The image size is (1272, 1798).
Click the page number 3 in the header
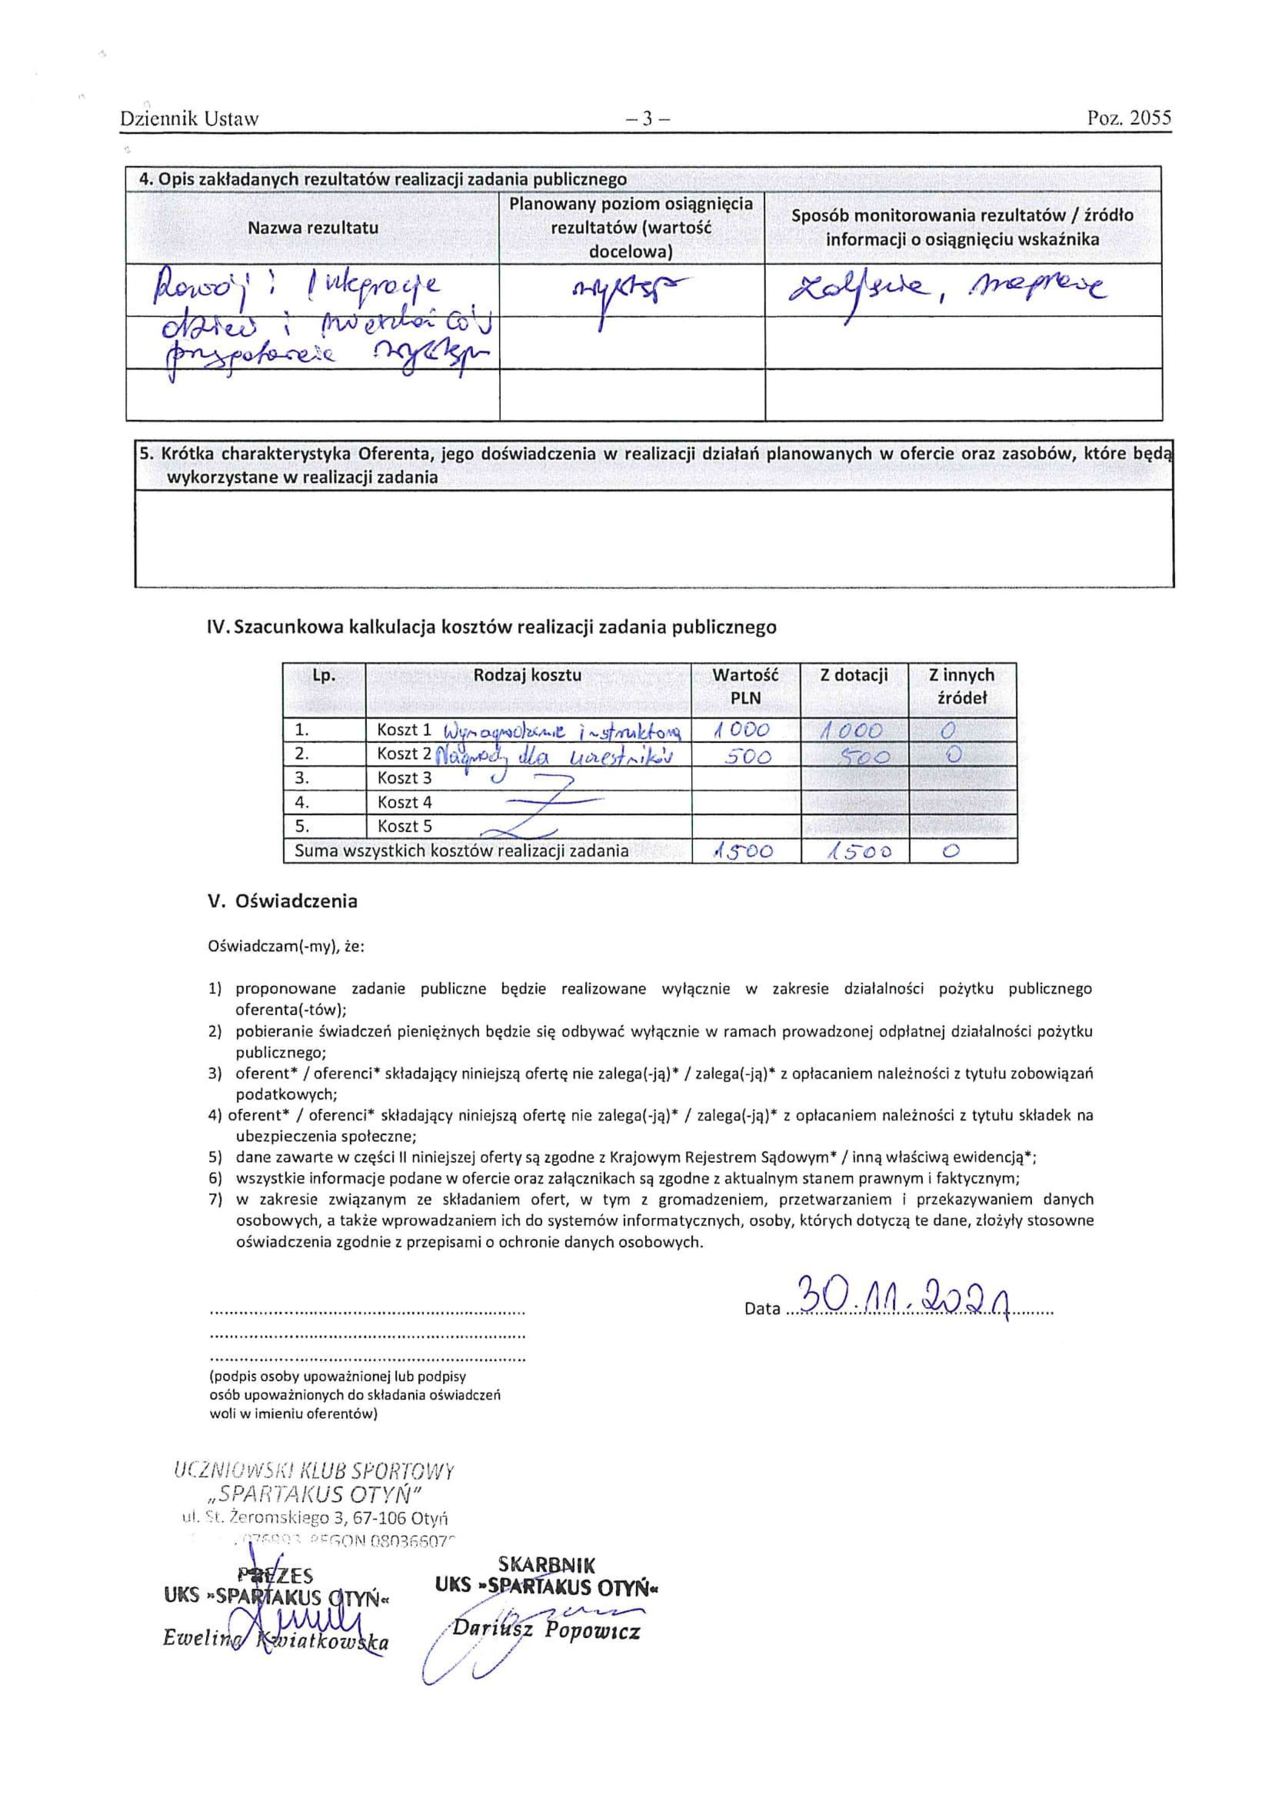point(647,119)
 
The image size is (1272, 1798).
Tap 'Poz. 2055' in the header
point(1129,118)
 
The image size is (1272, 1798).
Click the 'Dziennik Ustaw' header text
point(188,119)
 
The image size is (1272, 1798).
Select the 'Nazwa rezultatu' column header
point(312,228)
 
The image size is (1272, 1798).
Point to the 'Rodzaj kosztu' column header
point(527,675)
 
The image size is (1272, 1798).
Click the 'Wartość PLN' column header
point(745,686)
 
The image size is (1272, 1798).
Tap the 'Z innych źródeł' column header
point(961,686)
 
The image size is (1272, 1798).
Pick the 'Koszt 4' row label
point(405,802)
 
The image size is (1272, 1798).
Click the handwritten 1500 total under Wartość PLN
point(744,852)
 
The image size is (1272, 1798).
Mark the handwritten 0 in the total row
point(950,852)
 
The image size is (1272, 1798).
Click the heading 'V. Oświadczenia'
point(282,901)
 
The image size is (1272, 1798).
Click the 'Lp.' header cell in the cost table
point(324,675)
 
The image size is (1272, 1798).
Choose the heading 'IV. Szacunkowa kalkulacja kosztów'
point(491,628)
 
